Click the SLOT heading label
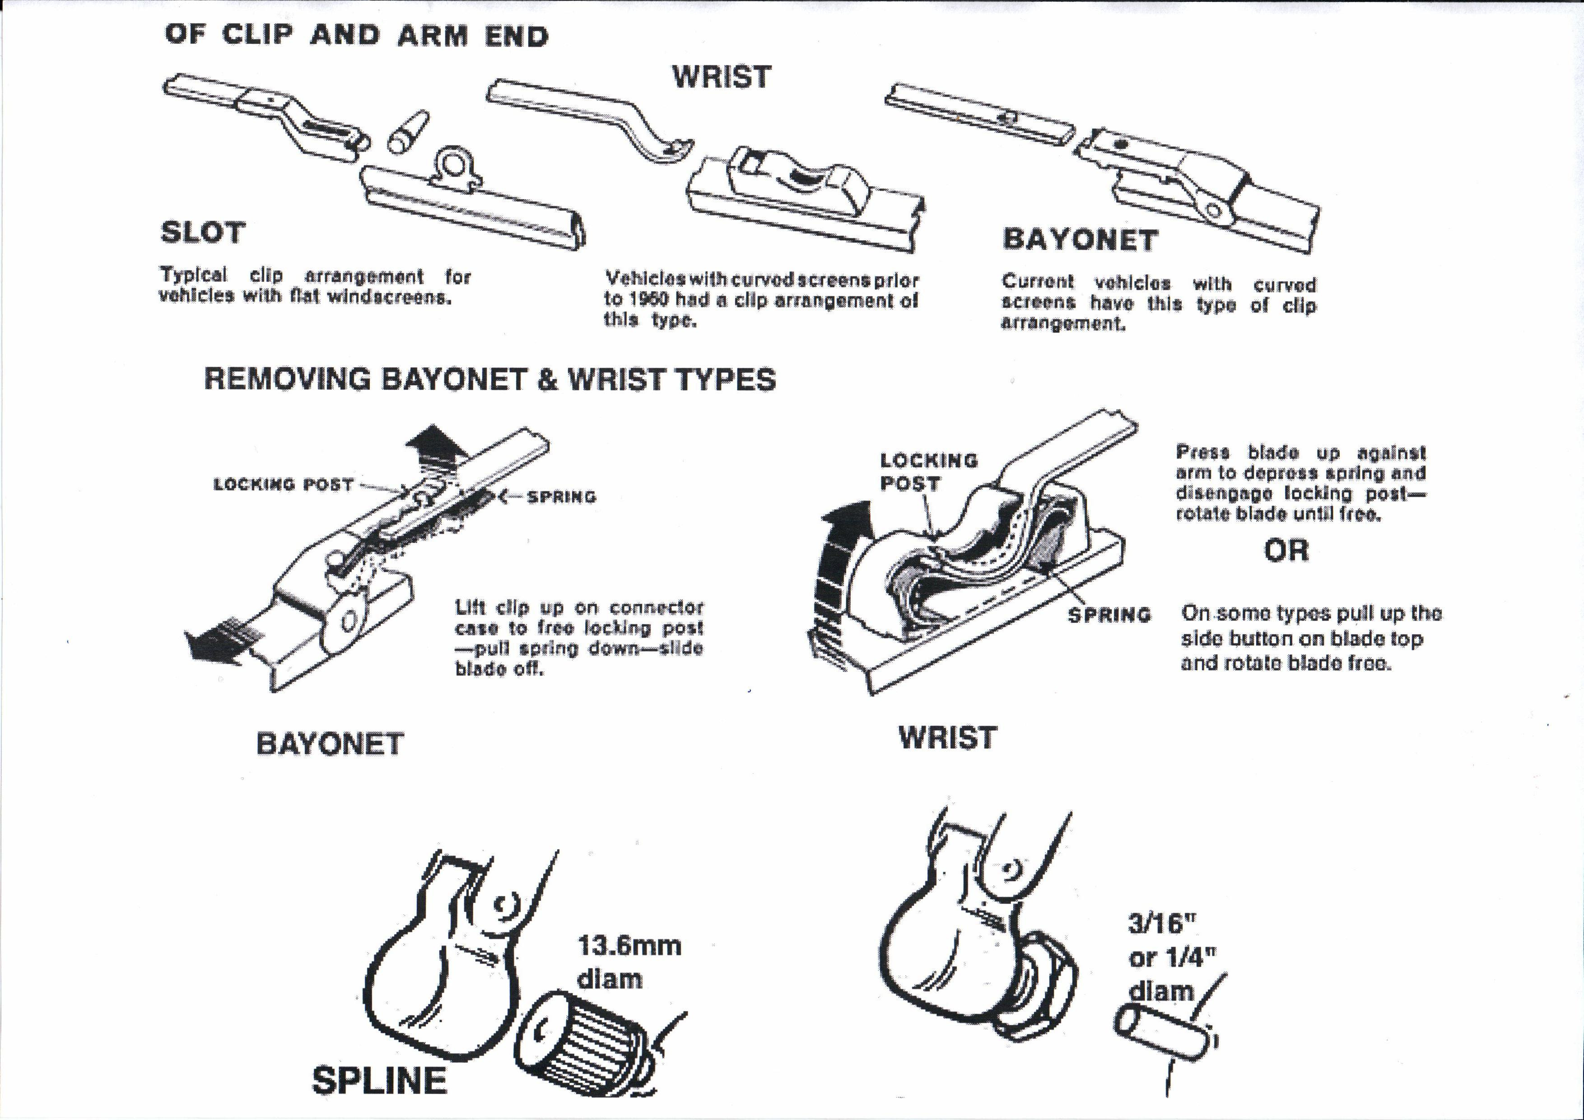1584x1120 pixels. click(203, 233)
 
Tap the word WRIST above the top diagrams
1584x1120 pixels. click(722, 77)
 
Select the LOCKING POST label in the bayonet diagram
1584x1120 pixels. click(284, 485)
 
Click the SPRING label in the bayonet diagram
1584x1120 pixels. click(561, 497)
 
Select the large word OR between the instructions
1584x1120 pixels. click(1286, 551)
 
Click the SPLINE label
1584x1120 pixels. click(379, 1081)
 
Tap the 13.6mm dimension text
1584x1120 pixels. click(629, 945)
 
